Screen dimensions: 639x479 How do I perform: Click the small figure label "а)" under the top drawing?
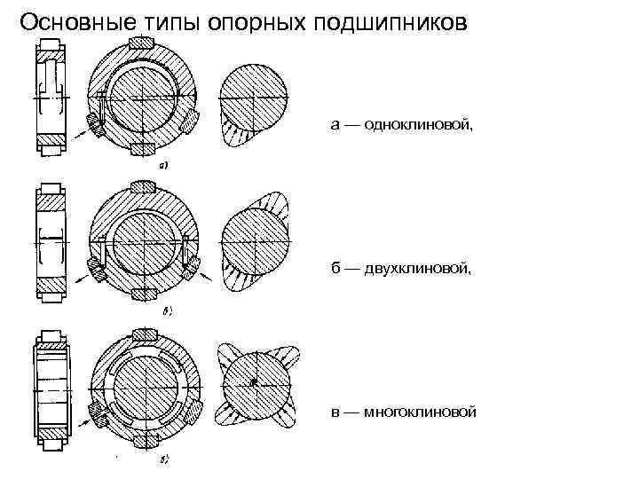tap(164, 165)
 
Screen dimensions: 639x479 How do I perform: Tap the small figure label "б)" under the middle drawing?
tap(165, 312)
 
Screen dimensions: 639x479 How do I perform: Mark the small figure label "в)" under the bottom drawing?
tap(165, 460)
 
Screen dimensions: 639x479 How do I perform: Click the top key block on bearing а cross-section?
tap(142, 43)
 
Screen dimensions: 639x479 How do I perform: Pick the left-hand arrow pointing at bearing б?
tap(77, 279)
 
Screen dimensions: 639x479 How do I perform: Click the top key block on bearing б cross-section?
tap(142, 187)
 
